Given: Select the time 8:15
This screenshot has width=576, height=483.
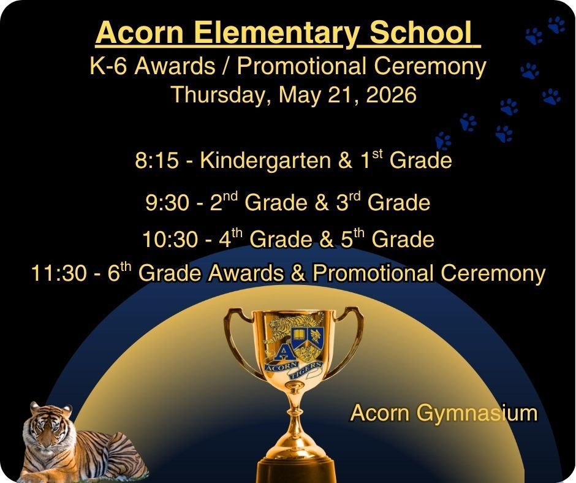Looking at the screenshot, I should click(x=156, y=161).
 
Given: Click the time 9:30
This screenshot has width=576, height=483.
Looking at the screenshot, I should click(x=167, y=203).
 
